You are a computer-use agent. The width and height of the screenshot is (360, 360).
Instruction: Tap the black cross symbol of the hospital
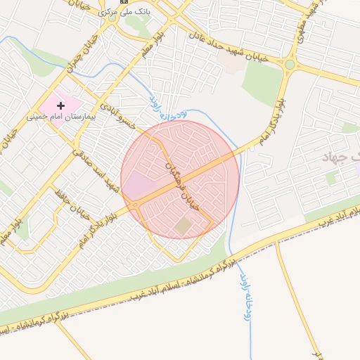(x=61, y=105)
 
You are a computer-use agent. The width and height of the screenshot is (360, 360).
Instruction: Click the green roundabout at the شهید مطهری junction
(x=290, y=65)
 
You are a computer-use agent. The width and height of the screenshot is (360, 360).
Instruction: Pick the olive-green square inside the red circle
(x=184, y=226)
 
